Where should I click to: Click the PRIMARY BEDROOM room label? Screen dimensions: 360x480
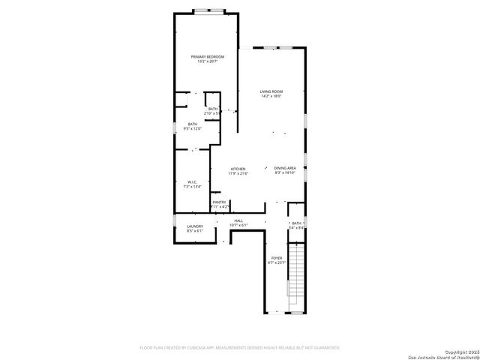point(205,57)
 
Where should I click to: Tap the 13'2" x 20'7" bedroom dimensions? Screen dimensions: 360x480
point(205,61)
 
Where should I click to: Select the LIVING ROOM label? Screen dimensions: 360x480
point(271,91)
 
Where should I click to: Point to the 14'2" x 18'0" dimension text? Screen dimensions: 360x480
point(271,96)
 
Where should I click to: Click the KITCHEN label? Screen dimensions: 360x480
point(238,169)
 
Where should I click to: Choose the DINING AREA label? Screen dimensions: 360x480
point(285,168)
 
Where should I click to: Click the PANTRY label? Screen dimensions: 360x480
point(219,202)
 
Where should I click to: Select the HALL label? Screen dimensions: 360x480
point(238,220)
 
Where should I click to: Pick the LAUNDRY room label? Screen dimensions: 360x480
point(195,226)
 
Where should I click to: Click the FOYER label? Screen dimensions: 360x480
point(277,257)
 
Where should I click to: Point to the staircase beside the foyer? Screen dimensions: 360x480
point(297,274)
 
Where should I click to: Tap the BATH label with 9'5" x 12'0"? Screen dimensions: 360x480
point(193,124)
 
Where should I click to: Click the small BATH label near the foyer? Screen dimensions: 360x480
point(296,223)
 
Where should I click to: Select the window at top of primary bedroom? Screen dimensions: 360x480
point(208,10)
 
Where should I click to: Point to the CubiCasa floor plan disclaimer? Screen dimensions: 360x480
point(239,347)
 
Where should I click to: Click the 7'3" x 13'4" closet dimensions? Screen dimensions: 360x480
point(193,187)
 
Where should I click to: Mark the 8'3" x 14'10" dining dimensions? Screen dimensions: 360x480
point(285,172)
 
